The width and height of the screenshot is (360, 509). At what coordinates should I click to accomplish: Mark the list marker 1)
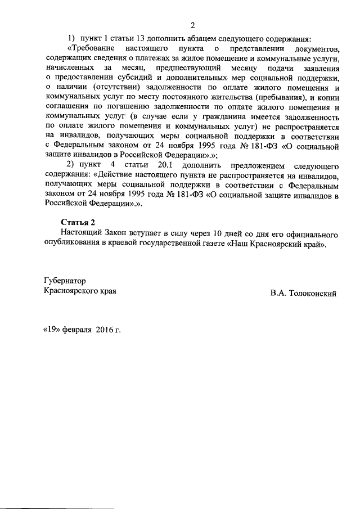click(71, 39)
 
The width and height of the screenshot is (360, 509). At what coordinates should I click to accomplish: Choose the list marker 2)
click(72, 165)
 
